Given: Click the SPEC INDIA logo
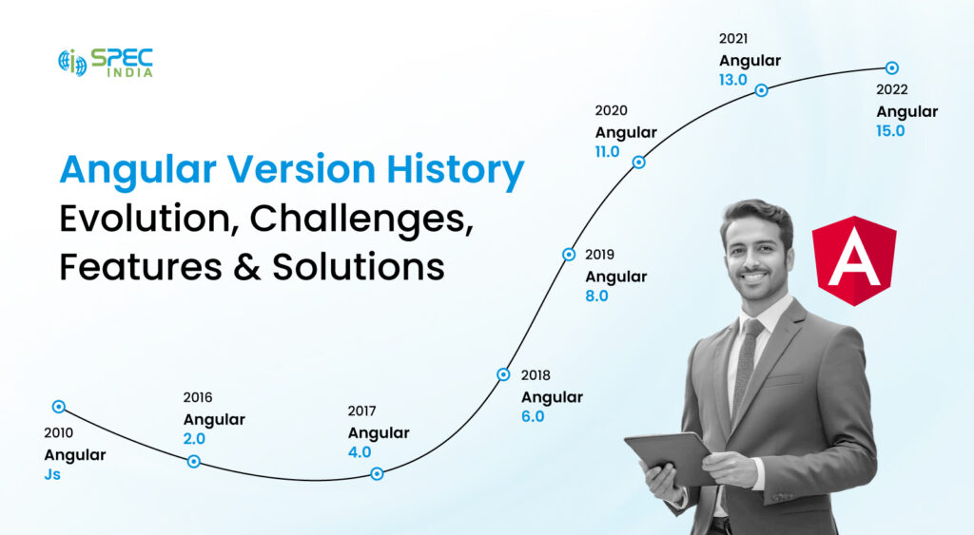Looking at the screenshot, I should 105,63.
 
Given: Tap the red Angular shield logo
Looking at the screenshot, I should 854,260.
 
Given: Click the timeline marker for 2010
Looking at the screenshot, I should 59,407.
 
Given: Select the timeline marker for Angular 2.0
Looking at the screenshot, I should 194,461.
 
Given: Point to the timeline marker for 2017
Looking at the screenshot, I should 377,473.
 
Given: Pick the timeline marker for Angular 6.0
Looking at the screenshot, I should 503,374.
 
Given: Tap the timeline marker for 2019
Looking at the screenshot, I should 569,254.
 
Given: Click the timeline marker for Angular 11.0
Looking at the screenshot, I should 639,162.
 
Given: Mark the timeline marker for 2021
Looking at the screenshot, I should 761,90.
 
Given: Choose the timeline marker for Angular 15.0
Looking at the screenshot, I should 891,67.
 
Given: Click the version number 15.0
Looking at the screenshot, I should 890,131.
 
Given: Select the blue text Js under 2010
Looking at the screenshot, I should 52,473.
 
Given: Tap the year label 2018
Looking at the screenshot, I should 536,375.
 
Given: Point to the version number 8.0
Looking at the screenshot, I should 596,296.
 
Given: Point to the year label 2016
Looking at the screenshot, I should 198,397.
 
